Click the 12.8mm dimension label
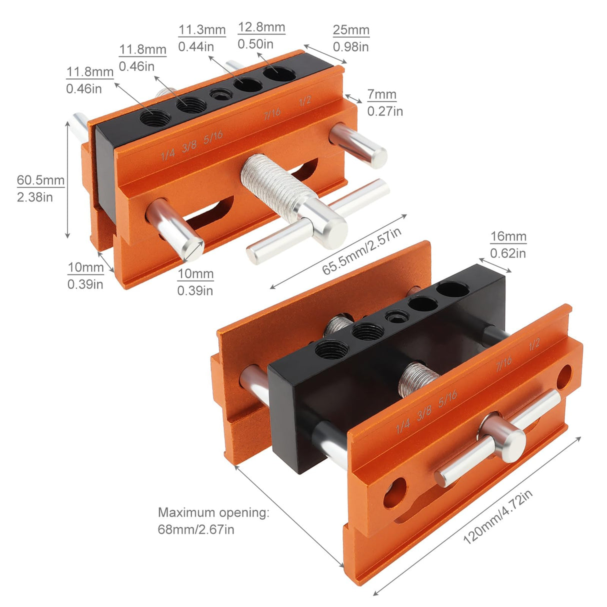pyautogui.click(x=261, y=27)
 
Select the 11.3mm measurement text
pyautogui.click(x=202, y=29)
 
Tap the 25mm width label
pyautogui.click(x=351, y=30)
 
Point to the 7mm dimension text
pyautogui.click(x=381, y=94)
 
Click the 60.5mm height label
pyautogui.click(x=40, y=180)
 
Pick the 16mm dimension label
pyautogui.click(x=508, y=236)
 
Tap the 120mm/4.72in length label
pyautogui.click(x=497, y=517)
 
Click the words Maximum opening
pyautogui.click(x=213, y=512)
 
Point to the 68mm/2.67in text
pyautogui.click(x=196, y=529)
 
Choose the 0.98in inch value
pyautogui.click(x=351, y=47)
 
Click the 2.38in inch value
pyautogui.click(x=35, y=197)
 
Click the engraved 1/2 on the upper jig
pyautogui.click(x=305, y=100)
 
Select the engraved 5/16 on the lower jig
pyautogui.click(x=447, y=398)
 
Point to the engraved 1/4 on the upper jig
pyautogui.click(x=168, y=154)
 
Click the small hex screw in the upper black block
pyautogui.click(x=218, y=94)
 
